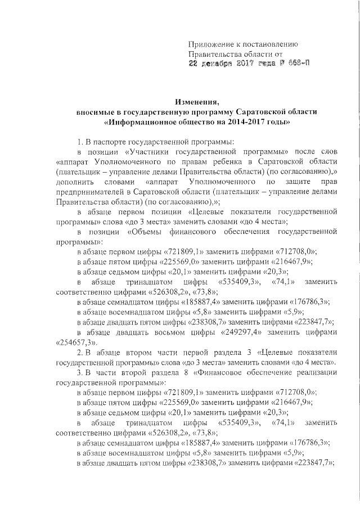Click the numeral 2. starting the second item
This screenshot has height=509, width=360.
80,353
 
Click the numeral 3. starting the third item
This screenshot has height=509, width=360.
80,373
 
